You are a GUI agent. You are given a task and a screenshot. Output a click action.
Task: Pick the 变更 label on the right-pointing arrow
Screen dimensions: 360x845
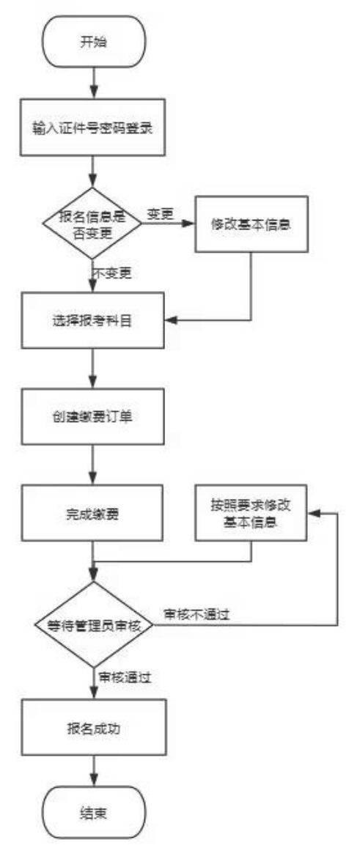160,213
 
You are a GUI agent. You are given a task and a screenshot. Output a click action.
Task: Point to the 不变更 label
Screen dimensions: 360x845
113,273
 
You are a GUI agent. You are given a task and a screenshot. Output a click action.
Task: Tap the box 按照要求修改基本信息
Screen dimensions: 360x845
251,514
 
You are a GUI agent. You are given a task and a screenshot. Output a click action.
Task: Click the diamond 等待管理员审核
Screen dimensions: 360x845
93,626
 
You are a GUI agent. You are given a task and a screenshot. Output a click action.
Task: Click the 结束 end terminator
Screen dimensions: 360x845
93,812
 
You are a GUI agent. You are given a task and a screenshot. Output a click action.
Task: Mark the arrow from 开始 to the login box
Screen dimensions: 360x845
94,84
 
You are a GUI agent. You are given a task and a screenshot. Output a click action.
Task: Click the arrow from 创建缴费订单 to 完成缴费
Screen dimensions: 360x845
94,465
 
